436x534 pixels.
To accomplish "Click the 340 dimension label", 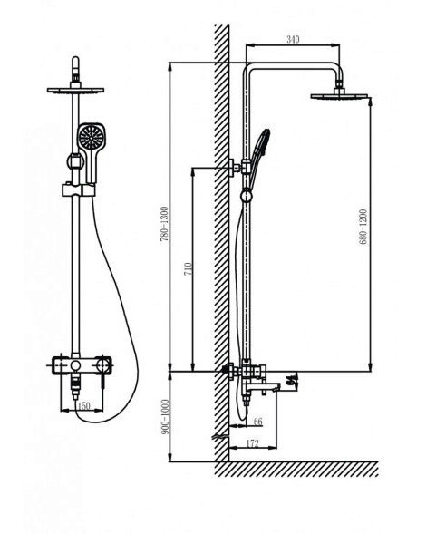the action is point(293,40).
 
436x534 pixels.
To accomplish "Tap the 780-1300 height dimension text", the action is point(164,224).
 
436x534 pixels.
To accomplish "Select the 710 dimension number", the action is point(189,269).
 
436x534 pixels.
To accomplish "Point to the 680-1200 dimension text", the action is point(363,227).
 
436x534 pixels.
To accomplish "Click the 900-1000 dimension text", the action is point(165,416).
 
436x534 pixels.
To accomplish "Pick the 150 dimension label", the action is point(83,406).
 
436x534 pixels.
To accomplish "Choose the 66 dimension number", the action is point(258,422).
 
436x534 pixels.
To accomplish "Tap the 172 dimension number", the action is point(252,443).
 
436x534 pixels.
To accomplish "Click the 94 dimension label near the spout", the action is point(290,380).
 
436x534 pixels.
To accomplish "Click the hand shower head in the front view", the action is point(91,137).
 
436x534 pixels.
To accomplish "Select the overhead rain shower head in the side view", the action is point(339,96).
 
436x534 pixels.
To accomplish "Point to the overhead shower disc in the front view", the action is point(75,91).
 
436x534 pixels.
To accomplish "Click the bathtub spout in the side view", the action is point(262,388).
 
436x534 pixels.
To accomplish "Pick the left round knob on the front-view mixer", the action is point(75,365).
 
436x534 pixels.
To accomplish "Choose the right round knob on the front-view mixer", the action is point(102,365).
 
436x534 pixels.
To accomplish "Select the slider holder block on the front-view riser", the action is point(78,190).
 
